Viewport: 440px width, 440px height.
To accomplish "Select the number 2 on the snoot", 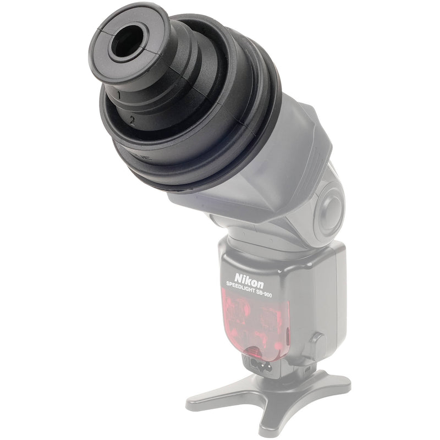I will (132, 119).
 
